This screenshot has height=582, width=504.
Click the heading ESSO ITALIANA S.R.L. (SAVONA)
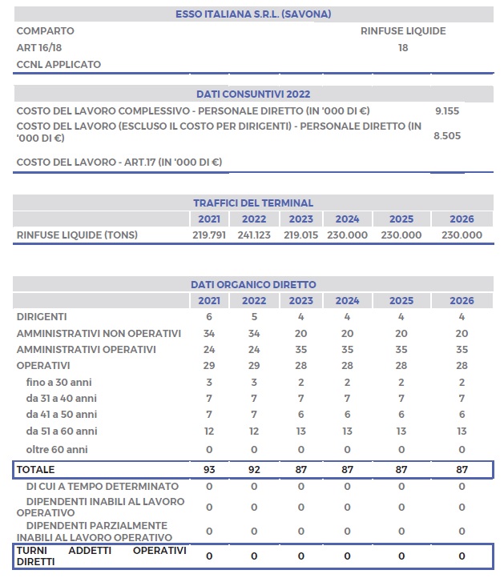(253, 14)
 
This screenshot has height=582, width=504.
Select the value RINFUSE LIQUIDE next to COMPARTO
(403, 31)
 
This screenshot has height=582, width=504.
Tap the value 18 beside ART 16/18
(403, 48)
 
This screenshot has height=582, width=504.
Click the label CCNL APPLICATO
(58, 64)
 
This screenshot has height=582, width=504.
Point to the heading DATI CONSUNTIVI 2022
(253, 94)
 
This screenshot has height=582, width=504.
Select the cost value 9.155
(446, 110)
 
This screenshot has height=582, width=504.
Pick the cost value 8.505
(446, 136)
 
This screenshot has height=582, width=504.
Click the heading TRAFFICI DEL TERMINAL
(253, 203)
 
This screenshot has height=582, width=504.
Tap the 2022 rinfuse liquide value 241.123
(254, 235)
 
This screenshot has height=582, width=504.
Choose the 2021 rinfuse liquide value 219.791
(208, 235)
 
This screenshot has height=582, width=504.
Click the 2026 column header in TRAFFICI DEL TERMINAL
(462, 219)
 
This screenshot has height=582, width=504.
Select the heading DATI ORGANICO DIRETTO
(253, 284)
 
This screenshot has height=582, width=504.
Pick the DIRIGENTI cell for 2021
(208, 317)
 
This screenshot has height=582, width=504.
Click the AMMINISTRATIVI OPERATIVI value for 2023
(300, 350)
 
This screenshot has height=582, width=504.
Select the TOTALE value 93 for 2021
(208, 470)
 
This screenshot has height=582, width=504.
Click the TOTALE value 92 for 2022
(254, 470)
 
